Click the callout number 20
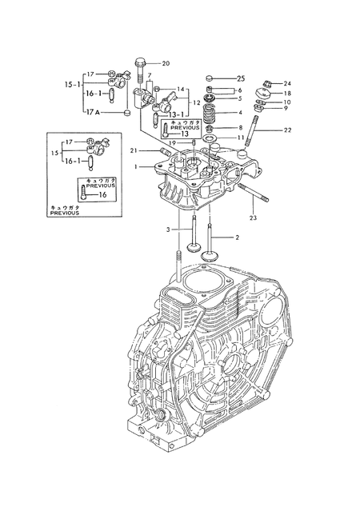[x=166, y=64]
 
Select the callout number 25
[x=241, y=78]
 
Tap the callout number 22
[x=287, y=130]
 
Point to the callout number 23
[x=253, y=218]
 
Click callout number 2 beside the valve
[x=237, y=238]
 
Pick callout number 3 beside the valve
[x=168, y=230]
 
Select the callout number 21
[x=134, y=150]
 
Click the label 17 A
[x=93, y=112]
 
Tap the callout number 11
[x=241, y=138]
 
